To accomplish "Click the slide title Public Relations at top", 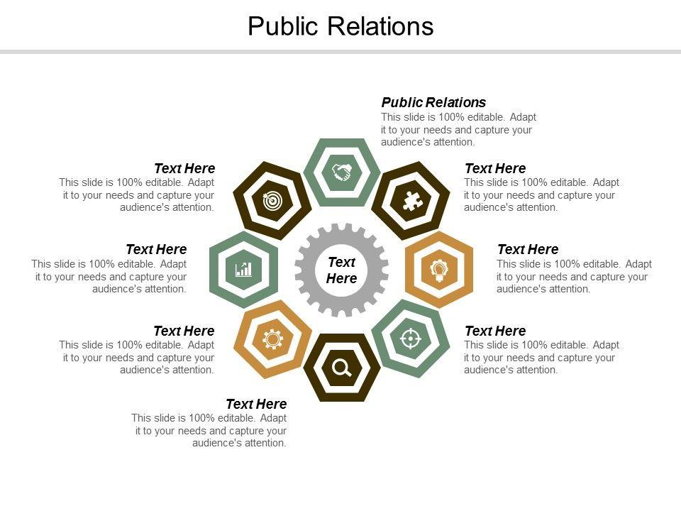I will [x=340, y=26].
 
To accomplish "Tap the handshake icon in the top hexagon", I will [x=341, y=172].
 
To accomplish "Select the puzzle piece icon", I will [x=410, y=201].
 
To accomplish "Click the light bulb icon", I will [x=438, y=270].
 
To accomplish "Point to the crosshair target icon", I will [x=410, y=339].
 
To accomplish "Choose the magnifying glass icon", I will [x=341, y=368].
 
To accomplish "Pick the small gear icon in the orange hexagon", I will [x=272, y=339].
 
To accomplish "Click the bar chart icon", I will [x=243, y=270].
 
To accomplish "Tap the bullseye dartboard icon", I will [x=272, y=201].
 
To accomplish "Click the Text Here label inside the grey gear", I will [x=341, y=270].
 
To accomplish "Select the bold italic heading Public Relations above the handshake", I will [x=433, y=102].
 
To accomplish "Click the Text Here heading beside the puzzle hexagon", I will [x=495, y=168].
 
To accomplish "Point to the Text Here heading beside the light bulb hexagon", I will [x=528, y=249].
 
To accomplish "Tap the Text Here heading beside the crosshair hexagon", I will [x=495, y=331].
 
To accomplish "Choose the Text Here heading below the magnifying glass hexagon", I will [x=256, y=405].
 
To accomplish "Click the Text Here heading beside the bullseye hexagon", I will [x=184, y=168].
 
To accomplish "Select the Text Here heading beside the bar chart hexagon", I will [x=156, y=249].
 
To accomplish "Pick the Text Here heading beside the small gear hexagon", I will [x=184, y=331].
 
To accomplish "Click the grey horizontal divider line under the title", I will [x=340, y=52].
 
